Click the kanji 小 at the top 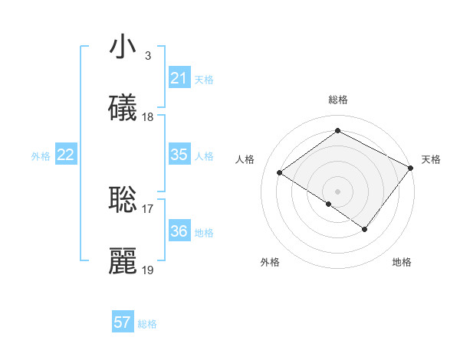[123, 47]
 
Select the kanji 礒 [123, 108]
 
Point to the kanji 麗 [123, 260]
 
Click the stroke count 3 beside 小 [147, 56]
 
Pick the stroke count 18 [148, 117]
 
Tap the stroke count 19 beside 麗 [148, 270]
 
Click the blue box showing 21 [179, 78]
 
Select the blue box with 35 [179, 155]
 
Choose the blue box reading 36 [179, 231]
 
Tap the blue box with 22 [65, 155]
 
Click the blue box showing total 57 [123, 322]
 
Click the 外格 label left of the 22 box [41, 155]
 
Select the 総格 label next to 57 [147, 323]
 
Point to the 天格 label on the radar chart [431, 159]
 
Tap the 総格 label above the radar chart [337, 100]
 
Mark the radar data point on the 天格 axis [411, 169]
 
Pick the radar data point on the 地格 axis [365, 229]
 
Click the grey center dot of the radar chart [337, 190]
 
